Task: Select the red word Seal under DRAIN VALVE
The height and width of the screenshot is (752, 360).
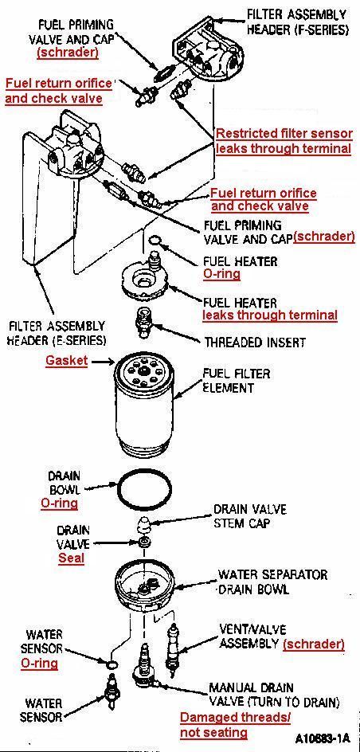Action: [71, 558]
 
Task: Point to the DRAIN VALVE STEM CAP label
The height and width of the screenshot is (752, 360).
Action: [248, 516]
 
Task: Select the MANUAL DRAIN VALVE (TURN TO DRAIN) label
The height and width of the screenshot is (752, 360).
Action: [273, 694]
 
